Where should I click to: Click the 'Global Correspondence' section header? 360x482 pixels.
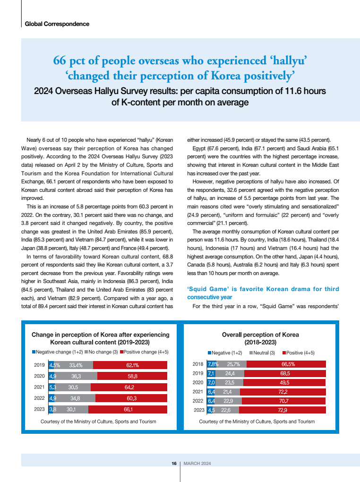click(57, 23)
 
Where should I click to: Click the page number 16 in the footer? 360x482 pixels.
click(174, 463)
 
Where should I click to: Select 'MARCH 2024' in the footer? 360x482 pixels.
click(197, 463)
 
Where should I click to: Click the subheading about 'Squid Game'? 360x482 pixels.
click(263, 293)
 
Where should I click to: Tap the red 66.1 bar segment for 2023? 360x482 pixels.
click(128, 409)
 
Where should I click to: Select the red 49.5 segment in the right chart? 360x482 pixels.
click(284, 382)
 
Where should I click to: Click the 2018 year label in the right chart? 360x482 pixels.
click(198, 364)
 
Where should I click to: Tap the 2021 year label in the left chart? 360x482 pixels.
click(40, 387)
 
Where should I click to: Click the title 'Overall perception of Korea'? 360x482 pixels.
click(260, 335)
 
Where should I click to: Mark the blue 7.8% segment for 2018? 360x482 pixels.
click(213, 364)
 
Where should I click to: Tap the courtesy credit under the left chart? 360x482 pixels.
click(98, 421)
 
